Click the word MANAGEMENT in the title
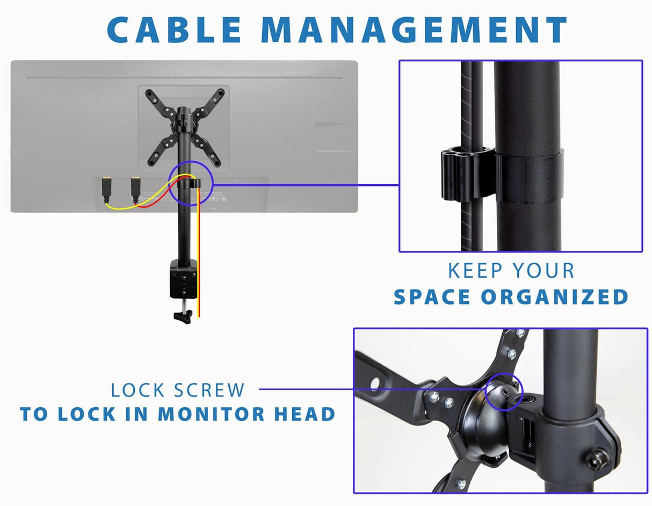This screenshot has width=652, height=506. click(422, 30)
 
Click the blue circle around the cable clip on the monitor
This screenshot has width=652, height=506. click(190, 183)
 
